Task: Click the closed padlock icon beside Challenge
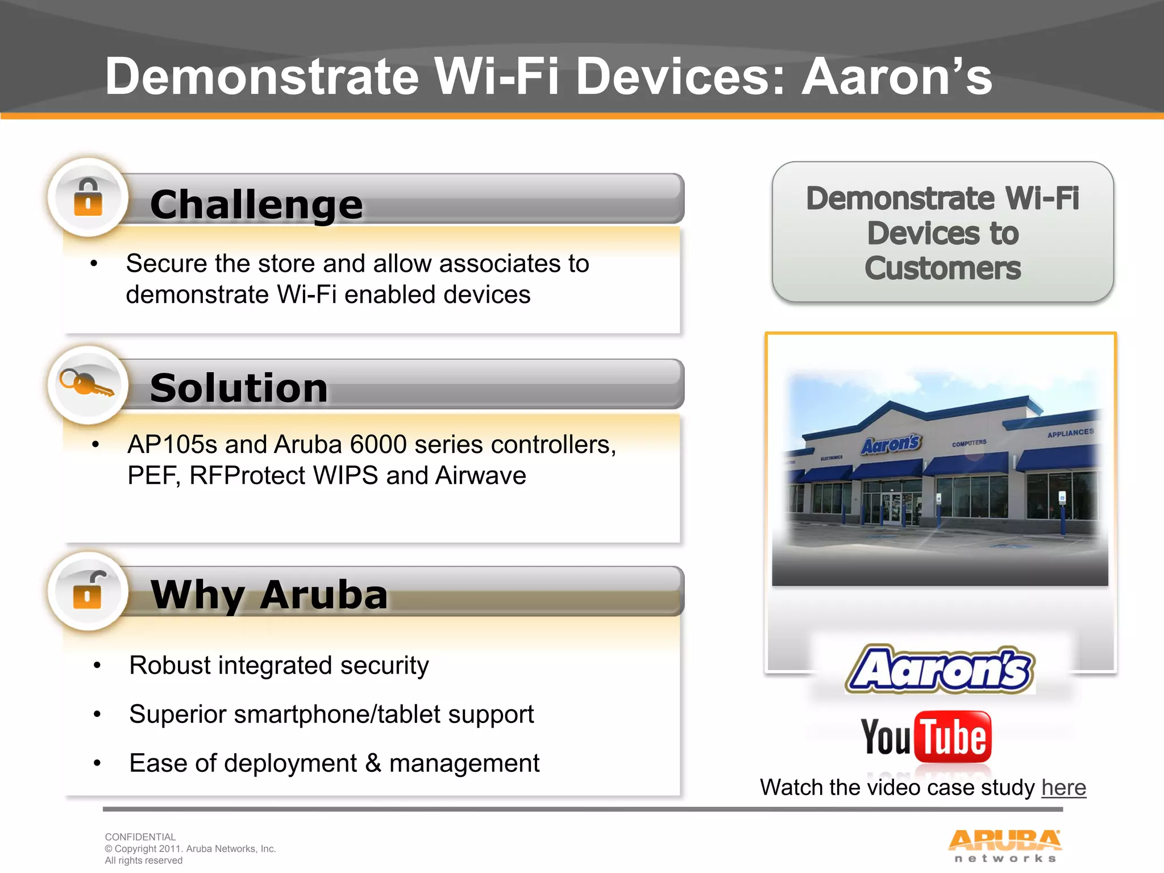88,197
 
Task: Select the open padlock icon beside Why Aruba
88,591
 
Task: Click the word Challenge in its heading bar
256,205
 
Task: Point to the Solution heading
239,388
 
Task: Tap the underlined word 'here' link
1063,788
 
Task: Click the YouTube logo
926,737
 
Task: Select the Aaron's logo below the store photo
939,670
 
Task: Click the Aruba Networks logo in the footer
1004,845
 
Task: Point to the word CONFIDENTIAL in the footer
140,837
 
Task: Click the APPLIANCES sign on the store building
1070,433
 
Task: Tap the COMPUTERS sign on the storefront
969,443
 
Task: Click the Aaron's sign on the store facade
890,444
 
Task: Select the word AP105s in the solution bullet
172,444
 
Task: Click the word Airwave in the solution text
480,476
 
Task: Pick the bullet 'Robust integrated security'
278,666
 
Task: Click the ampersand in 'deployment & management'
373,763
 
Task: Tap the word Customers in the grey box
942,268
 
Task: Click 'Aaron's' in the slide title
896,77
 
